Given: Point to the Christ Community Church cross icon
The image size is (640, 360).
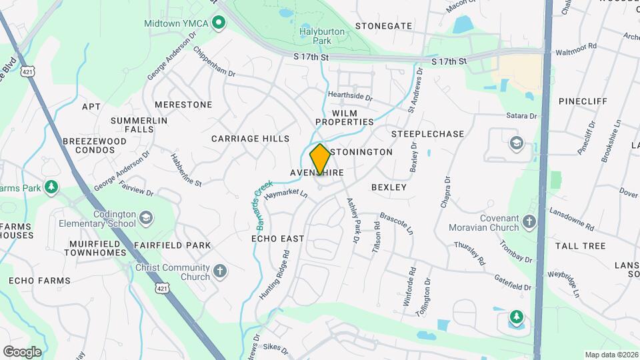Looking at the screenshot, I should coord(220,272).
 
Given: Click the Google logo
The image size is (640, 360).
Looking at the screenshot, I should coord(22,351).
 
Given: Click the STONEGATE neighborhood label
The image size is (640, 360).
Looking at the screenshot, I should coord(383,26).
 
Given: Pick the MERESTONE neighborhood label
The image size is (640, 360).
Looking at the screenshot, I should coord(183,105).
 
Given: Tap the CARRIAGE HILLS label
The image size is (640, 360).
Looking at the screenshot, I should coord(251,139).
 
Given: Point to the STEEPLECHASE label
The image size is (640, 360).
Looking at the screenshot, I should coord(427,134).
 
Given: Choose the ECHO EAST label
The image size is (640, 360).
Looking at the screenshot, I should coord(278,239).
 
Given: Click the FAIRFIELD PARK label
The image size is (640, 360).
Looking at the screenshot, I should coord(172,245).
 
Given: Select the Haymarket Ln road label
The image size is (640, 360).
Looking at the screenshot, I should coord(285,195).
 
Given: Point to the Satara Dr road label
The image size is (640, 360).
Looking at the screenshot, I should coord(521,116).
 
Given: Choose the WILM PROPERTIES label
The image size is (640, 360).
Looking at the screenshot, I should coord(345,117).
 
